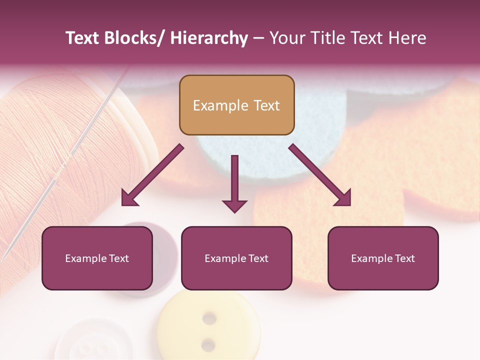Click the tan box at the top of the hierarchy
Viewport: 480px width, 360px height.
point(236,105)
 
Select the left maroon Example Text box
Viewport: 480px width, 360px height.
point(97,258)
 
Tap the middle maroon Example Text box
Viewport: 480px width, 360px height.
point(236,258)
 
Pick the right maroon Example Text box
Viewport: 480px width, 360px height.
point(383,258)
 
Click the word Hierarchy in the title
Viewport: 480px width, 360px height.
point(209,38)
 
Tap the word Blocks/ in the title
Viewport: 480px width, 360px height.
point(131,38)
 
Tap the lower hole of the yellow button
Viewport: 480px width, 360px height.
point(208,343)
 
